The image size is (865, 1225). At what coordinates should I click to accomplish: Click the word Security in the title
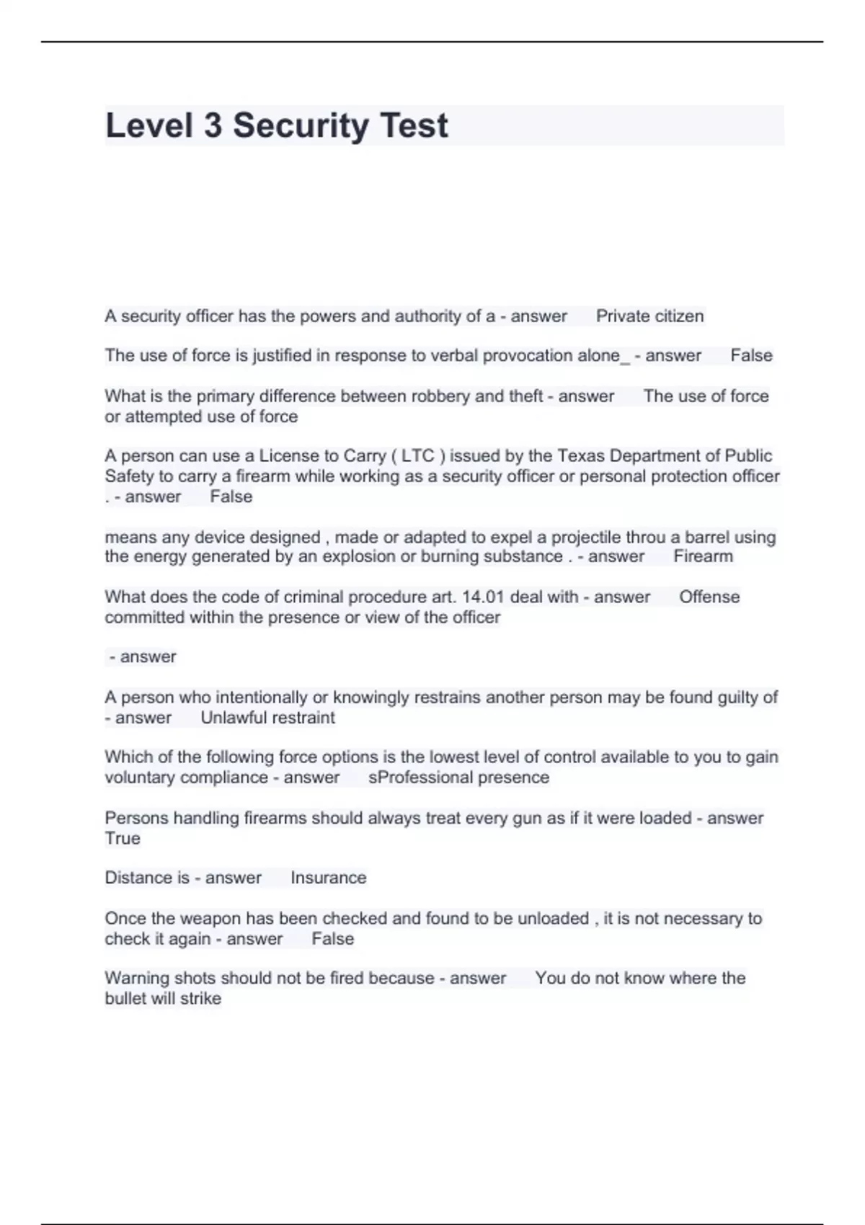(300, 125)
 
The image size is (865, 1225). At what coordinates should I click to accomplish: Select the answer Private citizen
(649, 316)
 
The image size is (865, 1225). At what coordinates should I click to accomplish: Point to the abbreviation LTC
(417, 456)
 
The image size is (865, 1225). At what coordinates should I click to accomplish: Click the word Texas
(581, 456)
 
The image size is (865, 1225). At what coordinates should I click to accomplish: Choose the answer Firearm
(703, 556)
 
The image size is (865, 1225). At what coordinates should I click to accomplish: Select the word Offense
(709, 597)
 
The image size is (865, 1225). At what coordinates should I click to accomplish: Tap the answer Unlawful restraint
(267, 718)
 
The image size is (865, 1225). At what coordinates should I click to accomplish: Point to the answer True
(123, 838)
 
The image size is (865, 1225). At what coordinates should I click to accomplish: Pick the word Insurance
(328, 878)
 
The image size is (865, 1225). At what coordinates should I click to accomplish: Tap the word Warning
(134, 978)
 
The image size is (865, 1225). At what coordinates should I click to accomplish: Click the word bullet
(125, 999)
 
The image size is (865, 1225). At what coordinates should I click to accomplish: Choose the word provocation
(527, 356)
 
